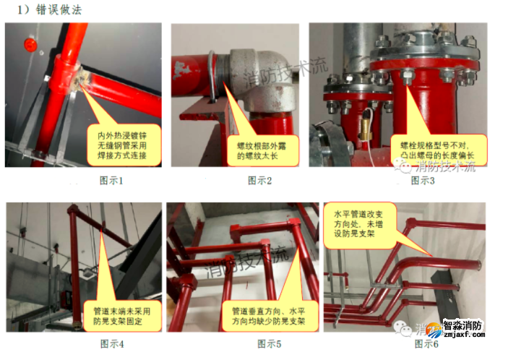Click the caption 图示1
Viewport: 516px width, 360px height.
pos(110,180)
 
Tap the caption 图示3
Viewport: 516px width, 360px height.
pos(423,180)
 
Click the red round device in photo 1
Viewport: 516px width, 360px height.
pos(29,43)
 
